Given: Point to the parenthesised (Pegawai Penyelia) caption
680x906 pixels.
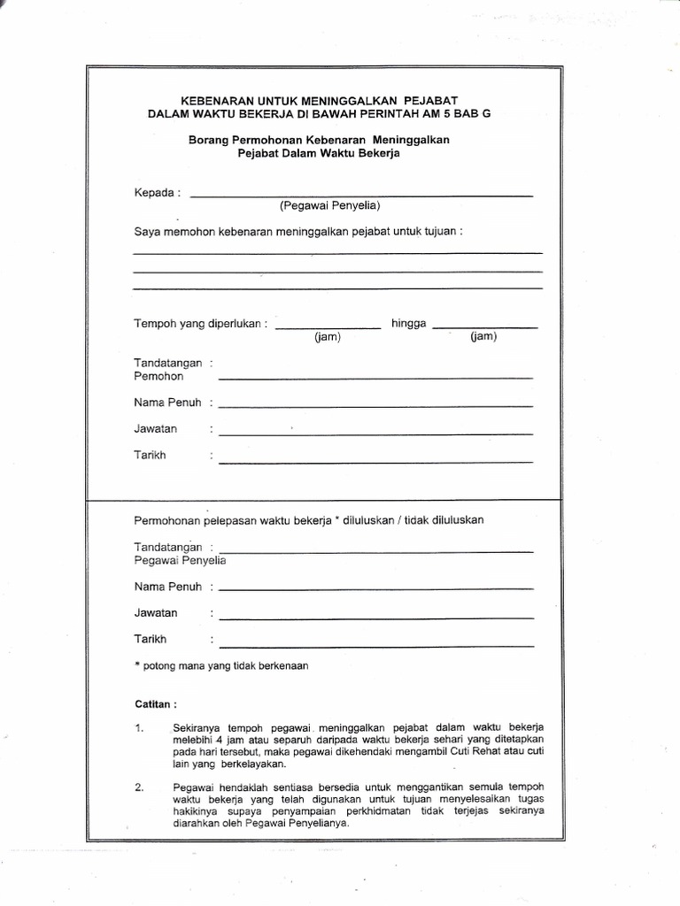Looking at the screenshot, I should (x=330, y=206).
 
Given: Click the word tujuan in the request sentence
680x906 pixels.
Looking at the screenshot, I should (x=438, y=232).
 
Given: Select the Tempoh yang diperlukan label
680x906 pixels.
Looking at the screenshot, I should (x=200, y=324).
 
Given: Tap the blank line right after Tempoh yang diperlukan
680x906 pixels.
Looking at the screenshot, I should (x=328, y=326).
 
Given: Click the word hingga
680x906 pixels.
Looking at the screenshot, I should (x=409, y=324).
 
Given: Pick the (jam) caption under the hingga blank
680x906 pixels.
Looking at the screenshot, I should (x=483, y=337).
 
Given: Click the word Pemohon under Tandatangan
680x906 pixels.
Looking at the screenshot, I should (x=158, y=376).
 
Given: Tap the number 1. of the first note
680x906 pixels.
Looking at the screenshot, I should (x=140, y=727).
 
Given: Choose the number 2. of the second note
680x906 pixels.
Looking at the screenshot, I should (x=140, y=787).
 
